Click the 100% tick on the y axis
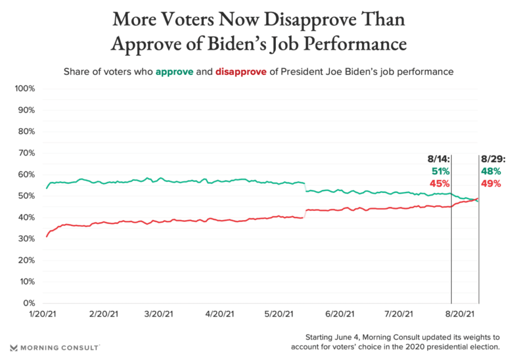24,89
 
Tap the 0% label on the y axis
29,304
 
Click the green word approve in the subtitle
175,72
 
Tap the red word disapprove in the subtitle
241,72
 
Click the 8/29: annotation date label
491,159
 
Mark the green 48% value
490,171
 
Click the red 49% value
490,183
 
